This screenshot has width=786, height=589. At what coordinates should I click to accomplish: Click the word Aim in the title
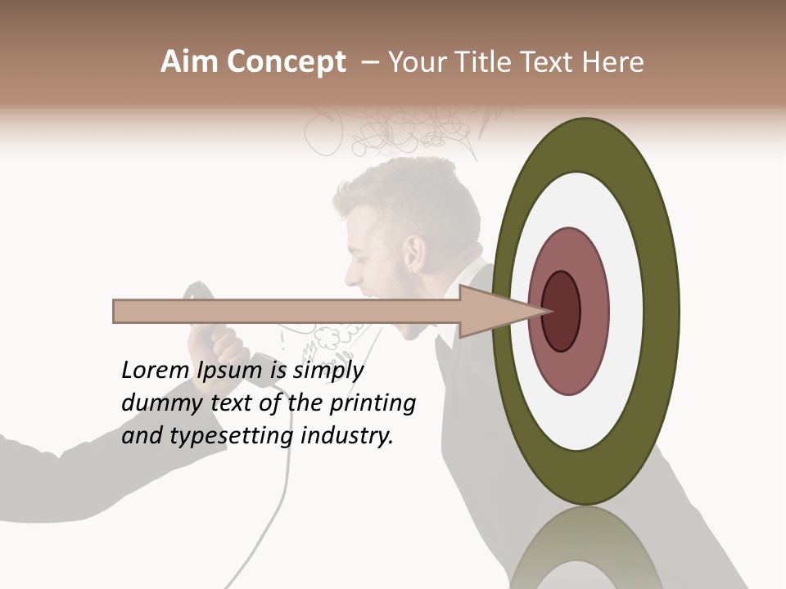tap(191, 62)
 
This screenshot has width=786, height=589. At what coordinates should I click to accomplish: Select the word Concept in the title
tap(286, 63)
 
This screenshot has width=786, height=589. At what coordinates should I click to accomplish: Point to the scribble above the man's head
tap(393, 131)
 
